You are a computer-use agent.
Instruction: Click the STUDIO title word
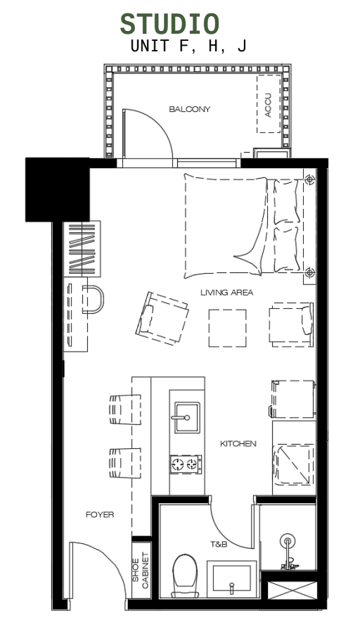point(169,23)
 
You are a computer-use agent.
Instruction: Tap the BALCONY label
point(189,109)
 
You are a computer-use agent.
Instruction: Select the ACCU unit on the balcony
point(268,104)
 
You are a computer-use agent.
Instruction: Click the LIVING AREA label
point(226,293)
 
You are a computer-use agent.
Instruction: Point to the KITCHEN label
point(238,444)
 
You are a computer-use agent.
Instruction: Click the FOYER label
point(100,514)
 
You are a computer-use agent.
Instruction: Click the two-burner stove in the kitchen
point(186,463)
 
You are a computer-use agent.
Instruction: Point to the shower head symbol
point(287,541)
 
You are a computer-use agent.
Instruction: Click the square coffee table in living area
point(227,328)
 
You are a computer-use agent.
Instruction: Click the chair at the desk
point(93,298)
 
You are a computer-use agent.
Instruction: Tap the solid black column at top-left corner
point(57,189)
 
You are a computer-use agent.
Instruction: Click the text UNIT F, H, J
point(188,46)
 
